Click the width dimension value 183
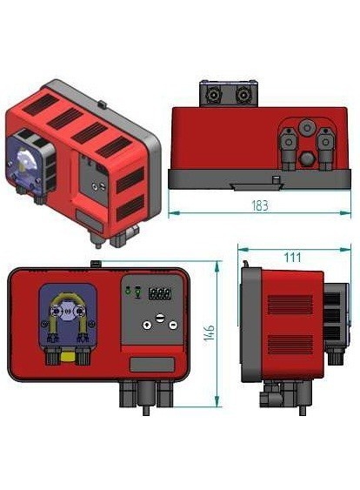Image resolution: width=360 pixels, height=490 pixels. pos(258,206)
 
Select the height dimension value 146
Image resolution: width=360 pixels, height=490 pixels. pos(210,333)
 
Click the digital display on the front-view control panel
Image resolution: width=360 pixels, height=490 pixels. pos(160,293)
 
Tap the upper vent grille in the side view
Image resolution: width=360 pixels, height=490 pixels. pos(290,305)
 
